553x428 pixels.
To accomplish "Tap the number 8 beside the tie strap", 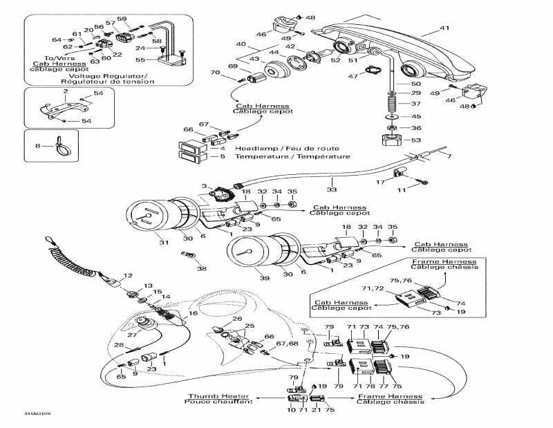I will click(x=37, y=145).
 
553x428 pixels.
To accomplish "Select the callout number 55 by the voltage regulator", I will click(x=141, y=60).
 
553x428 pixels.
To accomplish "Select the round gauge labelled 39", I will click(x=253, y=257).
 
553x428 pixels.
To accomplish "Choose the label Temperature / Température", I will click(x=272, y=156).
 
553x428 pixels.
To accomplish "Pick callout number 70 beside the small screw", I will click(x=215, y=73).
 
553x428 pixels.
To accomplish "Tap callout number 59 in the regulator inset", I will click(x=122, y=19).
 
